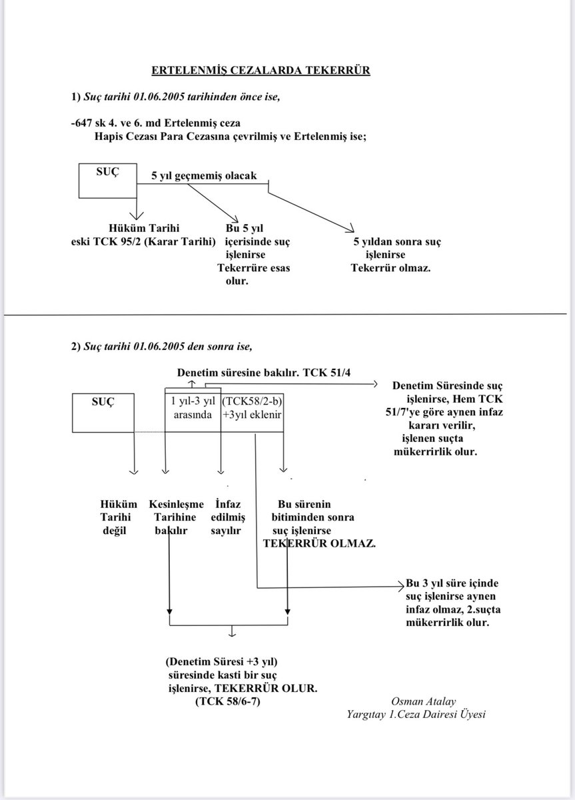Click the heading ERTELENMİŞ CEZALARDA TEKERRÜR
click(260, 70)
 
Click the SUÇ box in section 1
click(107, 180)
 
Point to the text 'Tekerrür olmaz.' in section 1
click(390, 268)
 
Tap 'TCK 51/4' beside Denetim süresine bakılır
click(326, 373)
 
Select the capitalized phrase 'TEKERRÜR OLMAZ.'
click(319, 543)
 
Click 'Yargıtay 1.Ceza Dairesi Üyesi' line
click(416, 714)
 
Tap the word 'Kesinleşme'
click(177, 505)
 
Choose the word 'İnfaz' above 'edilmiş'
click(229, 505)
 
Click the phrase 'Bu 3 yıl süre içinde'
click(452, 583)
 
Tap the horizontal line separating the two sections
click(287, 315)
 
